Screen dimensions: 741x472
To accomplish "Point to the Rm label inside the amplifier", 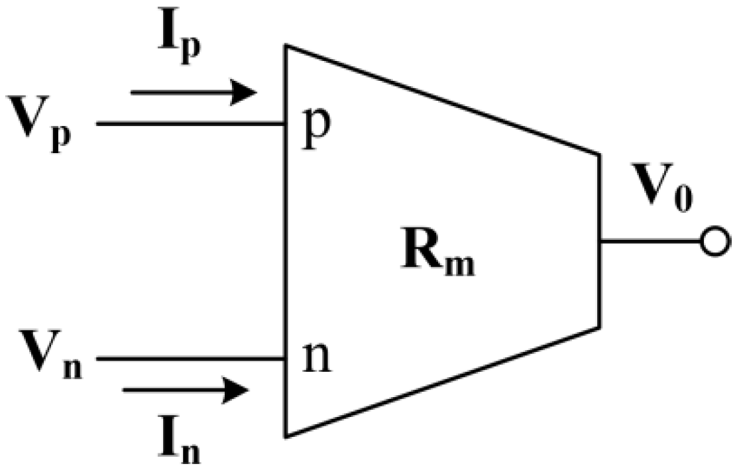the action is tap(438, 255).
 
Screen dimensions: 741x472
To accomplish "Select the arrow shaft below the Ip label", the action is tap(179, 93).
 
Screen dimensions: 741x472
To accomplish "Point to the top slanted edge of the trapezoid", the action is tap(443, 100).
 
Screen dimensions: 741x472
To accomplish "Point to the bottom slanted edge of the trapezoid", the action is tap(443, 382).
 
